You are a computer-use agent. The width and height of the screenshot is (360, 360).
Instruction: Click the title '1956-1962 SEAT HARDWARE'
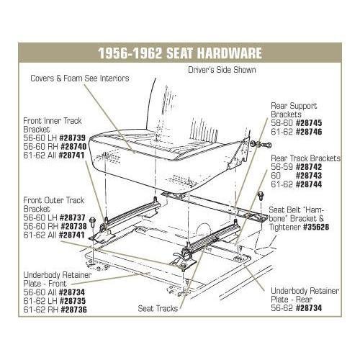pos(180,53)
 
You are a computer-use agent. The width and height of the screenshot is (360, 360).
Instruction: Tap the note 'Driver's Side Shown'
pos(222,70)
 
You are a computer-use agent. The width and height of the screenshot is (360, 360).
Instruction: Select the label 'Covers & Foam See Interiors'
pos(80,78)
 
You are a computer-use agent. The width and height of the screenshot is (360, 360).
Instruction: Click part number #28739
pos(72,138)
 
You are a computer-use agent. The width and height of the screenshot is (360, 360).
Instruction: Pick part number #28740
pos(73,147)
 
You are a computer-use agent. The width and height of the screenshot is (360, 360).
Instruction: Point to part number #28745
pos(309,123)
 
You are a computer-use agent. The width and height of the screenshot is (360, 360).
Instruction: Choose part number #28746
pos(309,132)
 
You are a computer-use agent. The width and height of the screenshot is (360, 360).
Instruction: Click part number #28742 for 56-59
pos(309,167)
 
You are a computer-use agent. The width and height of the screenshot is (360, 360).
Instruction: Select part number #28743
pos(309,176)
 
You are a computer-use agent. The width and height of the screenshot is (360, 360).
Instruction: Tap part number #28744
pos(309,184)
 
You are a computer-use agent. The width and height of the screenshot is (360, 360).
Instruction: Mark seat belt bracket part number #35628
pos(316,227)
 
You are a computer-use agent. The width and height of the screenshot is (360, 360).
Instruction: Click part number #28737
pos(72,217)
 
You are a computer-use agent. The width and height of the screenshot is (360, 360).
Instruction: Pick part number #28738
pos(73,226)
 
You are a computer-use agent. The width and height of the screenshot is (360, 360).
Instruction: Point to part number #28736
pos(73,310)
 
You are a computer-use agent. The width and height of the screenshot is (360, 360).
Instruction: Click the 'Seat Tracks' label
pos(158,308)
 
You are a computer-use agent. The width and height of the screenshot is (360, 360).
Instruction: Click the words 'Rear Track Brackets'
pos(305,158)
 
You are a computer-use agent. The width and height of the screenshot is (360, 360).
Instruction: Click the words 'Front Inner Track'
pos(53,121)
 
